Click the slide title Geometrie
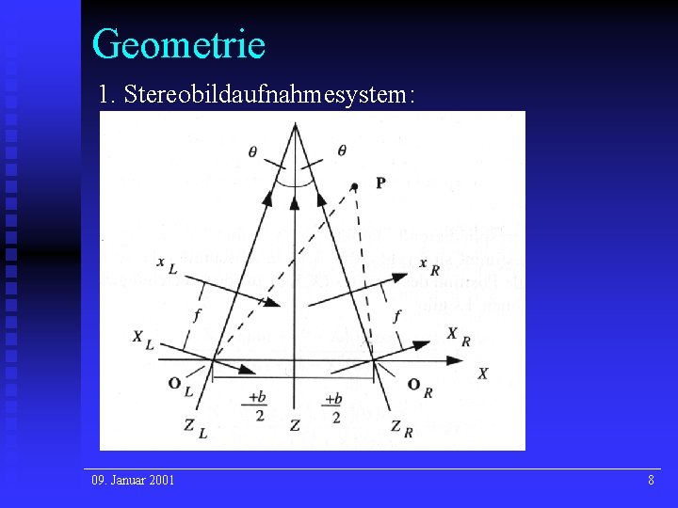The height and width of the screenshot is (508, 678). coord(179,43)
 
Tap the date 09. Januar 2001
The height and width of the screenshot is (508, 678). coord(133,481)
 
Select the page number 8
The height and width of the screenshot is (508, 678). coord(651,481)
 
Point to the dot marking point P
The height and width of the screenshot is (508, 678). coord(355,185)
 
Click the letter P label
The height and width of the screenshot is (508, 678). coord(379,183)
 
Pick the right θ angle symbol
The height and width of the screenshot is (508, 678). coord(341,150)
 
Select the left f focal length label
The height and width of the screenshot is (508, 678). coord(197,315)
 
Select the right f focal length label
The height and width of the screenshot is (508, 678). coord(397,315)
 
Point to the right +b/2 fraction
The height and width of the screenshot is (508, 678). coord(333,406)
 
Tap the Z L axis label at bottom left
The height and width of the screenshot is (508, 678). coord(195,427)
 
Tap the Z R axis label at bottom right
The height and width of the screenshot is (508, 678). coord(401,428)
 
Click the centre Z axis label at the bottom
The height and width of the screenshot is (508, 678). coord(295,426)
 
